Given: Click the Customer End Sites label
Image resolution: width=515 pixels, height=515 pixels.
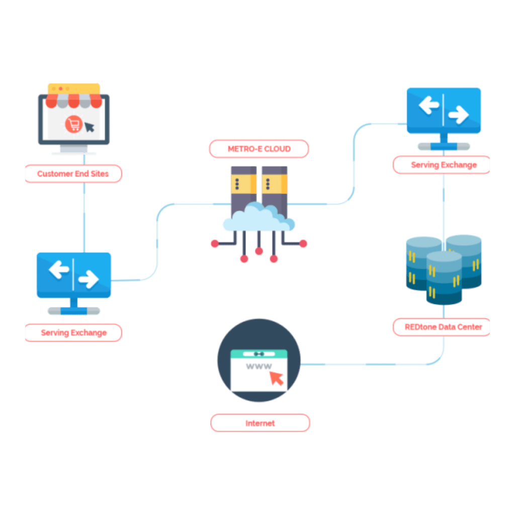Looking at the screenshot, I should click(x=73, y=174).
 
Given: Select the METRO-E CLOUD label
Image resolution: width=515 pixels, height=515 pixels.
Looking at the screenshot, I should click(x=259, y=149).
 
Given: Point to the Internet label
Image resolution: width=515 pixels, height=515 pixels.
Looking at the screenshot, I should click(x=260, y=423).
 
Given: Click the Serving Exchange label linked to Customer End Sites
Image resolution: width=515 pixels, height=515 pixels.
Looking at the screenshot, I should click(x=73, y=332).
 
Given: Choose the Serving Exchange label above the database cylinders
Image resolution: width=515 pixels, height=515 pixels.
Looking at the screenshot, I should click(x=443, y=164).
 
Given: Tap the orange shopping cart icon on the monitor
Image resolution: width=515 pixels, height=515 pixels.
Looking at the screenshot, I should click(x=73, y=124).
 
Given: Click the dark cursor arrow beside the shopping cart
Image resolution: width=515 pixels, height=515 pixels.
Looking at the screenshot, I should click(x=89, y=126).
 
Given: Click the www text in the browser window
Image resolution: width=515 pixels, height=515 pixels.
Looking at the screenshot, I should click(x=259, y=366).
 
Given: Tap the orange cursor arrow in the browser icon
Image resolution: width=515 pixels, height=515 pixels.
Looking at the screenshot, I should click(x=276, y=378).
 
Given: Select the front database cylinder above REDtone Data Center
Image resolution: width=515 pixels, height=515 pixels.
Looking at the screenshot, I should click(x=443, y=278).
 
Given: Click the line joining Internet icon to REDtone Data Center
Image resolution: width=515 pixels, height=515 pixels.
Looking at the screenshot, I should click(x=372, y=364).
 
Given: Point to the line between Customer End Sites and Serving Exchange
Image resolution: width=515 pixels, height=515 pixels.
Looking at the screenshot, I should click(x=83, y=216).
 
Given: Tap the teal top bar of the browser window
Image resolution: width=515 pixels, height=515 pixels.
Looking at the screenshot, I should click(x=259, y=354).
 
